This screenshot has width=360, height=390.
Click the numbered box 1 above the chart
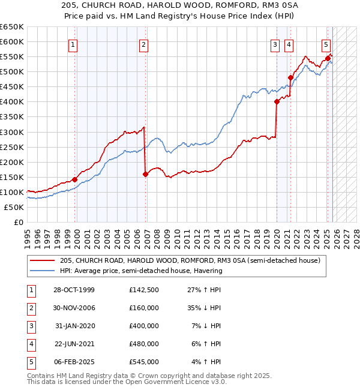coord(73,44)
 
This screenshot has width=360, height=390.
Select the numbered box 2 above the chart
coord(144,44)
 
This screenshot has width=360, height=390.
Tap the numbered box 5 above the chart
coord(326,44)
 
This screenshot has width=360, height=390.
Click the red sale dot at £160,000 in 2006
coord(146,174)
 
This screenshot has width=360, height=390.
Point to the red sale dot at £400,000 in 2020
coord(277,102)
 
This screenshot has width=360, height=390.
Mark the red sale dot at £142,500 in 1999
coord(75,179)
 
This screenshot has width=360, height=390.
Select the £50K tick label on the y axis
coord(14,207)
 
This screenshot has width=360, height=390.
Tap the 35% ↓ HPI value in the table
coord(203,308)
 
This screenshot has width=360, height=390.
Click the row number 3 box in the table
coord(30,326)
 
